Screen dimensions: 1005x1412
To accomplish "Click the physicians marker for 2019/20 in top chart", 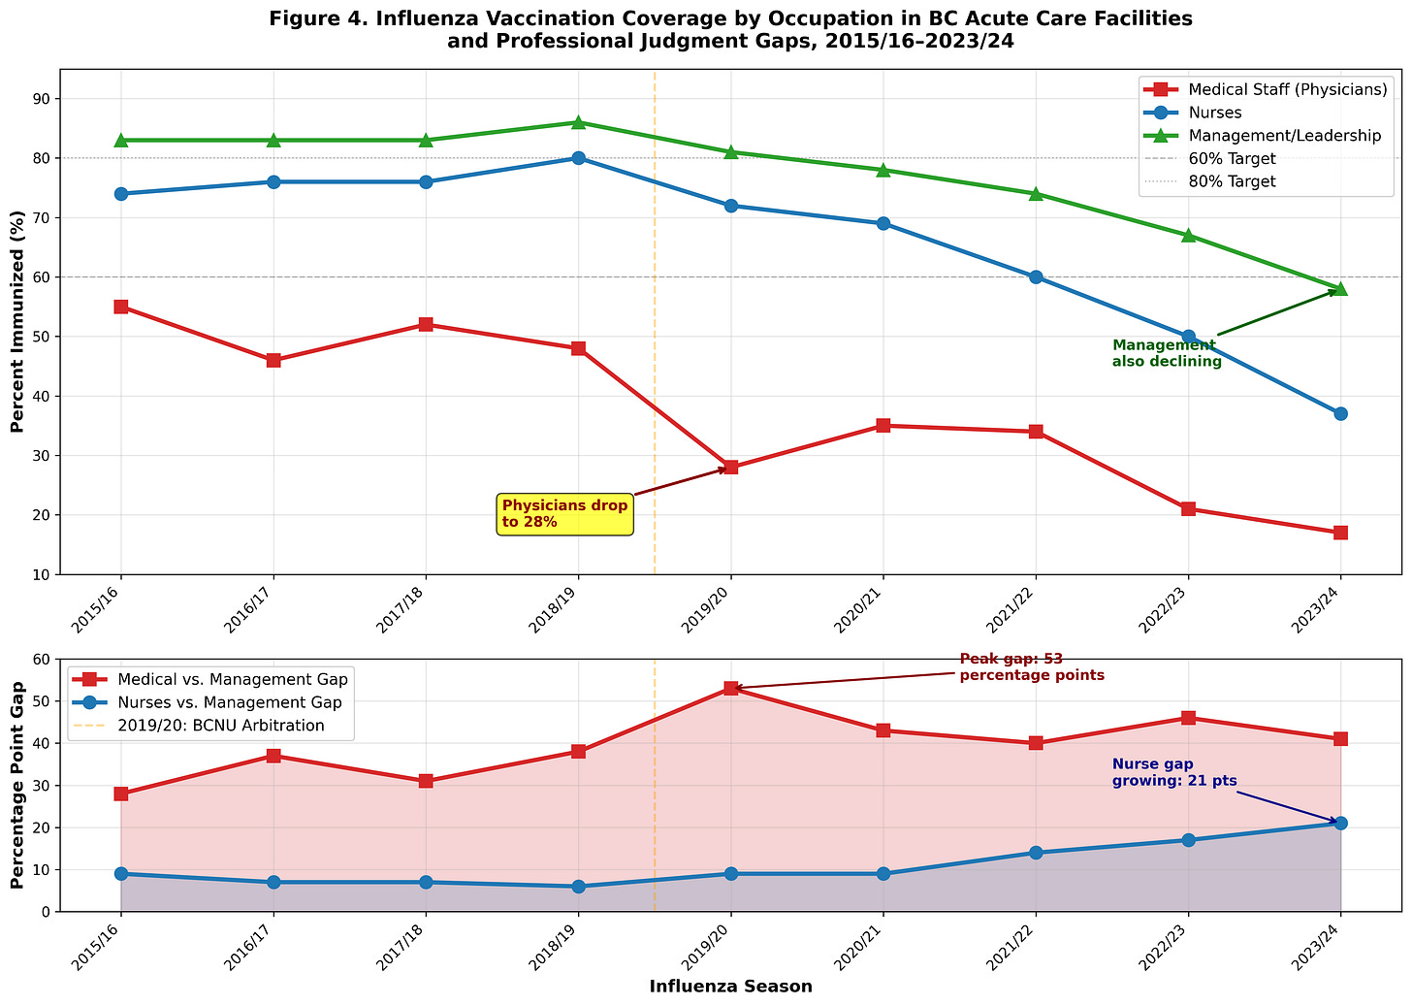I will coord(730,468).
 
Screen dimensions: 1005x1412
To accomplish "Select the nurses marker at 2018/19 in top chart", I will coord(578,158).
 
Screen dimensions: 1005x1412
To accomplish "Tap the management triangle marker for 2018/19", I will coord(578,122).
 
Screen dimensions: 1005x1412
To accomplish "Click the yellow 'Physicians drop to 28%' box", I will coord(564,514).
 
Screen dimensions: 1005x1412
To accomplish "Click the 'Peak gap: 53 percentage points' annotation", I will coord(1032,667).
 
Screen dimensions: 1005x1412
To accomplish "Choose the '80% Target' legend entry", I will coord(1232,181).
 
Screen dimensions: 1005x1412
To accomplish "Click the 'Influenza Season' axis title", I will coord(730,987).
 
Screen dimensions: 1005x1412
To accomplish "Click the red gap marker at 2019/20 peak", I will coord(730,689).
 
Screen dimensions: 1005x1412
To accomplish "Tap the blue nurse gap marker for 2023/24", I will coord(1340,824).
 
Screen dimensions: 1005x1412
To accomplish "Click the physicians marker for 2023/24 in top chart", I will coord(1340,533).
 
